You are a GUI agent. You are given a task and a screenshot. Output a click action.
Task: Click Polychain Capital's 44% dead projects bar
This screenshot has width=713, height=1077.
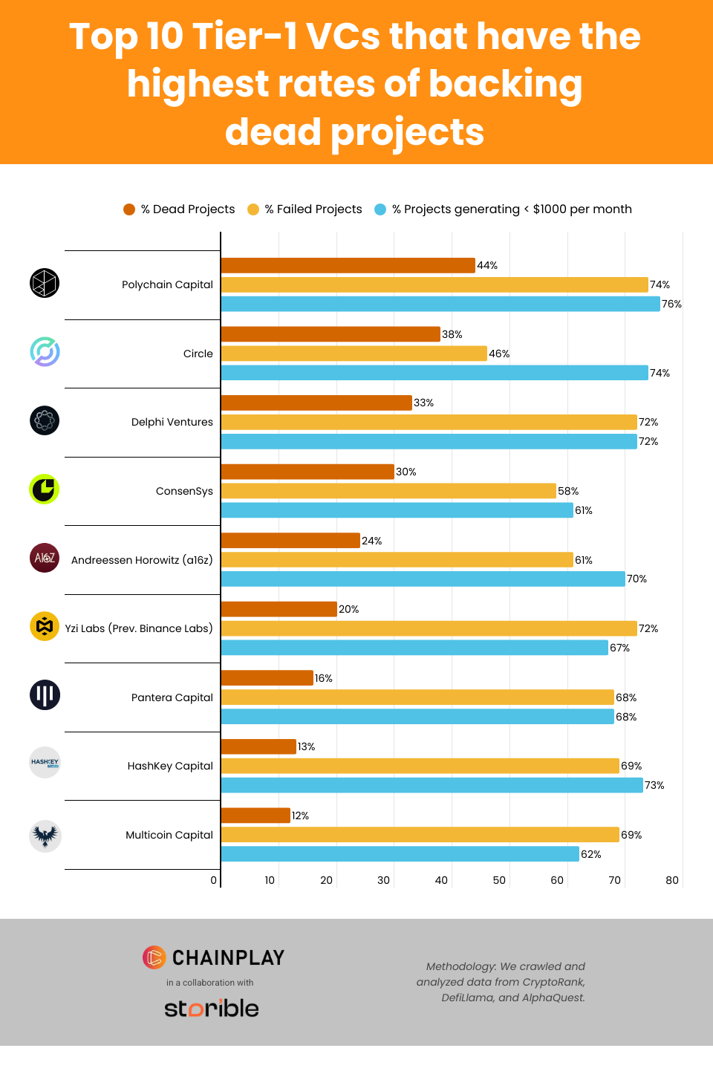coord(348,265)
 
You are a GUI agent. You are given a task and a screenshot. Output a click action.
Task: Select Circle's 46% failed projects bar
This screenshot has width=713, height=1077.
coord(354,354)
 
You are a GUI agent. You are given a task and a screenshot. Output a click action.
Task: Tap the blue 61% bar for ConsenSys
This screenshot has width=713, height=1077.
coord(397,510)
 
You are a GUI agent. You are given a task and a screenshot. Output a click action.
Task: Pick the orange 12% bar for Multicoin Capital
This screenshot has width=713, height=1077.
coord(255,816)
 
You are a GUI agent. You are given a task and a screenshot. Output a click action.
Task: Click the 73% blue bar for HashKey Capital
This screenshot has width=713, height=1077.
coord(432,785)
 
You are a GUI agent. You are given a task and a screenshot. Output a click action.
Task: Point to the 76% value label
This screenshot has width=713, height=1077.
coord(671,304)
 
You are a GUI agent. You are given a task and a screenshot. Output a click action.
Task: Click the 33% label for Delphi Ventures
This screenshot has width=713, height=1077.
coord(423,403)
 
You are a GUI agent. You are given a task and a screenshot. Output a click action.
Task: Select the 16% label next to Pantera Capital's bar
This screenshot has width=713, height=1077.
coord(323,678)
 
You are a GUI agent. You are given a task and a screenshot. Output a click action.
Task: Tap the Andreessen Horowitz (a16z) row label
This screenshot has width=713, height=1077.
coord(142,560)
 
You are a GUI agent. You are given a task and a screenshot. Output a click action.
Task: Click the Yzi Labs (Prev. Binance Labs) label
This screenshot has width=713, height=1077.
coord(139,628)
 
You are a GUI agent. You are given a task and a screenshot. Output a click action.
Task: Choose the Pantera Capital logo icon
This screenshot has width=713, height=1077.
coord(45,695)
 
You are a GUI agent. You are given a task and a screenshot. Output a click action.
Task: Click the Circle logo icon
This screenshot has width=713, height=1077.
coord(45,351)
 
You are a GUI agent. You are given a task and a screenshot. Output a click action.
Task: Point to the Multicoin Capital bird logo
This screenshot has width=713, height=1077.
coord(45,836)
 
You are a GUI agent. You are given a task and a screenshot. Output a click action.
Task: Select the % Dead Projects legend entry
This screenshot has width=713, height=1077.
coord(179,209)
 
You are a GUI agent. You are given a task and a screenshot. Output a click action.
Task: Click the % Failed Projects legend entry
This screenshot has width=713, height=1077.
coord(305,209)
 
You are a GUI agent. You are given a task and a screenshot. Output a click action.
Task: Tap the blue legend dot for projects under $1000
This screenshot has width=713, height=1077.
coord(380,209)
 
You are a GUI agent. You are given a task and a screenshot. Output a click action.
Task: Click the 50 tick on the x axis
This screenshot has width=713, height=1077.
coord(499,880)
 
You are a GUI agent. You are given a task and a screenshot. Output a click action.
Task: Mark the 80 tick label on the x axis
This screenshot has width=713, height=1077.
coord(671,880)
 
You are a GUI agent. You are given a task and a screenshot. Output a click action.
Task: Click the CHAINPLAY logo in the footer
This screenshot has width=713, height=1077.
coord(213,957)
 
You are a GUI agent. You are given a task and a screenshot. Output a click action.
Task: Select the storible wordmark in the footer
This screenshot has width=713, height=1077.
coord(212,1008)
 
